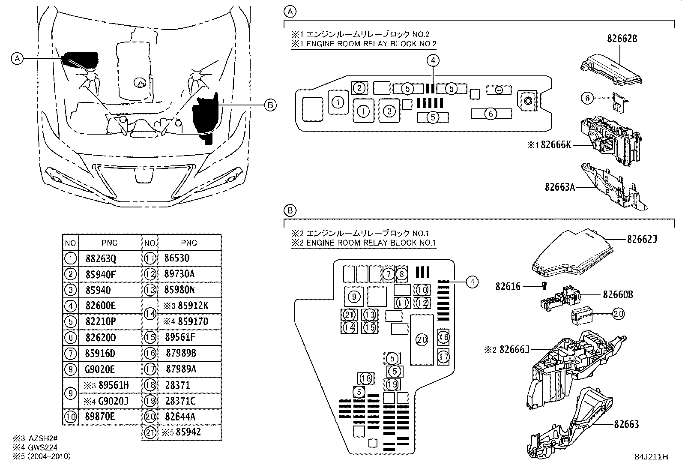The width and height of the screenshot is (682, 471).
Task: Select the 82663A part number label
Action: (559, 187)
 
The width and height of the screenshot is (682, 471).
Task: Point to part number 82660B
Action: (617, 295)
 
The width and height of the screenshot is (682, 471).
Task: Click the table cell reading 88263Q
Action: (101, 258)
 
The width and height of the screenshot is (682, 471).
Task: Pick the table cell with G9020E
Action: (101, 369)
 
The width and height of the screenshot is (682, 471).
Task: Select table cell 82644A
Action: (180, 417)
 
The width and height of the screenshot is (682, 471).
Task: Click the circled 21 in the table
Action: (150, 432)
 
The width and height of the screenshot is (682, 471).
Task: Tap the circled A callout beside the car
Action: (17, 58)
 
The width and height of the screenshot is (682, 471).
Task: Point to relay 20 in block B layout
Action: (422, 340)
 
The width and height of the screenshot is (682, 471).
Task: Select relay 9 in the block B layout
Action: (353, 297)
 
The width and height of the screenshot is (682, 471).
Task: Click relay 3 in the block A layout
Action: (389, 111)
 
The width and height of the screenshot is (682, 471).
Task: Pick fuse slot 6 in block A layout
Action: (491, 114)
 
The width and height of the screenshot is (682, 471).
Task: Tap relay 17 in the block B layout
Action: (444, 356)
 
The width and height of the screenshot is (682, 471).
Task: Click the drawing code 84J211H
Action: (652, 457)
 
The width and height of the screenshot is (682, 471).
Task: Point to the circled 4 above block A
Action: (433, 61)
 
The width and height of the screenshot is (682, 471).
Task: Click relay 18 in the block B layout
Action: (366, 378)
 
